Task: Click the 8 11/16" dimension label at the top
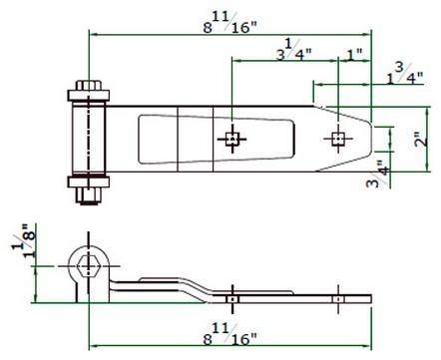230,23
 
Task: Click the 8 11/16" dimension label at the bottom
230,335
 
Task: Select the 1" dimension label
354,54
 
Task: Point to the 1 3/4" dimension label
404,74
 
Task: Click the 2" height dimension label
421,140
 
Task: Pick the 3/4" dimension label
377,175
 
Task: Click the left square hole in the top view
232,139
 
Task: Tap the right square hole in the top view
338,139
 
